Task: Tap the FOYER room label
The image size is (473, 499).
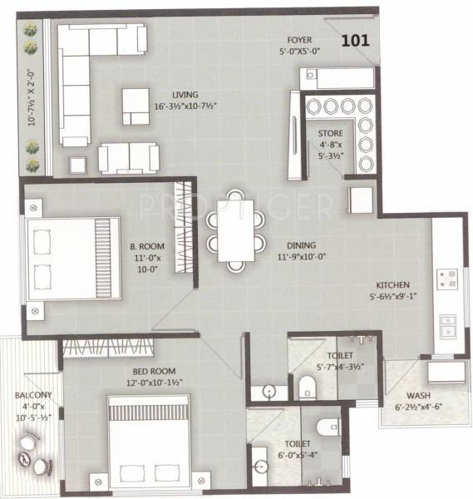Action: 300,39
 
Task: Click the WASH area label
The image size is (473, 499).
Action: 417,396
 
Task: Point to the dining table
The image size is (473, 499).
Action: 236,230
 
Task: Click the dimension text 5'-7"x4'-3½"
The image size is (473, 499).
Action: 339,367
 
